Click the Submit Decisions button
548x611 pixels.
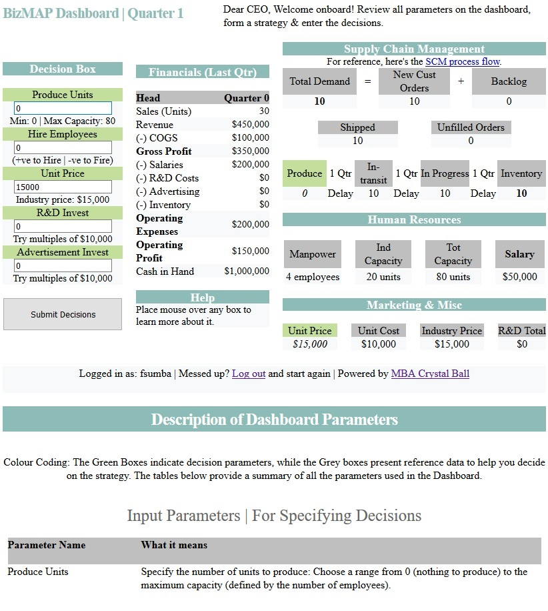(x=63, y=314)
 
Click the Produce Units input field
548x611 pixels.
(x=63, y=108)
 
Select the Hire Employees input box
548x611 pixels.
(x=63, y=147)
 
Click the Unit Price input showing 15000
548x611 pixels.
(x=63, y=187)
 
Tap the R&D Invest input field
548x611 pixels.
(x=63, y=226)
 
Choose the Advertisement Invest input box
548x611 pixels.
(x=63, y=265)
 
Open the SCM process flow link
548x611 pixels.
(x=462, y=61)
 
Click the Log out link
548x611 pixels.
(x=248, y=374)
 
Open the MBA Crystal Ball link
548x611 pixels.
(x=430, y=374)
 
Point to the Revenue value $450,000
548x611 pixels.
(x=250, y=125)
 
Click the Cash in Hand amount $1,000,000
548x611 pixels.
(x=247, y=271)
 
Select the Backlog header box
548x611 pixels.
(x=509, y=81)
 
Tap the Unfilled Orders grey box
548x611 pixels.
(x=471, y=127)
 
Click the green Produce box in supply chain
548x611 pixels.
(x=305, y=173)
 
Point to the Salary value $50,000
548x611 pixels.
(x=520, y=277)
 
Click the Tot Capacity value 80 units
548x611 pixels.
(x=453, y=277)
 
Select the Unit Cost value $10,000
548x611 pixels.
(x=379, y=344)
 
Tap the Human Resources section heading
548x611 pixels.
(x=414, y=219)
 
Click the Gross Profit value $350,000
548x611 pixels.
(x=250, y=151)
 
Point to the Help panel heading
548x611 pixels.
(x=203, y=297)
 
